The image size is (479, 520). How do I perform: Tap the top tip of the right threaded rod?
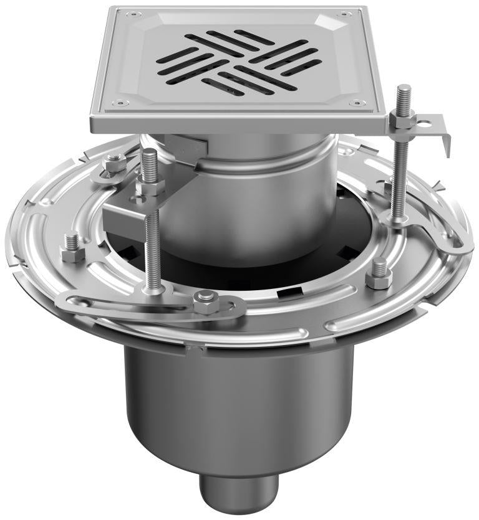(x=404, y=87)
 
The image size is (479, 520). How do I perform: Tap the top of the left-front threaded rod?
(x=149, y=153)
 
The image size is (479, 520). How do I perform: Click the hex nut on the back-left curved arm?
(x=114, y=165)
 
